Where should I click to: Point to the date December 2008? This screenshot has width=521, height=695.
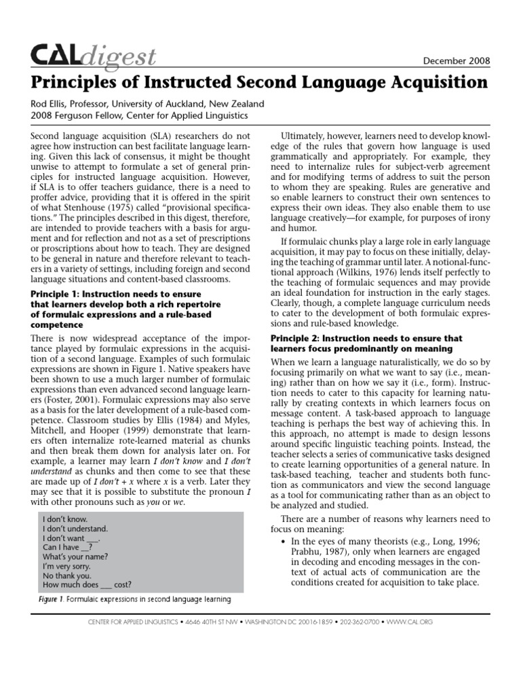455,61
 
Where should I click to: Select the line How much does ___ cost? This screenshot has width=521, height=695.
87,584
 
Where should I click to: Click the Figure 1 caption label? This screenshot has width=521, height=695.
50,599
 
